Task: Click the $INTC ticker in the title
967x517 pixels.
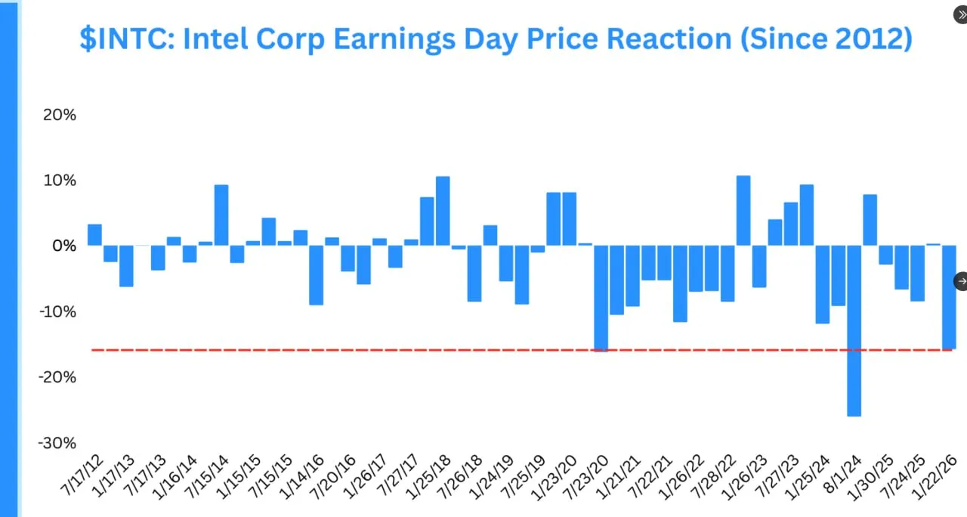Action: [x=126, y=39]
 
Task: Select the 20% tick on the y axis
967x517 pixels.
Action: [x=59, y=115]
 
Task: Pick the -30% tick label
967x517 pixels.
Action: [x=57, y=442]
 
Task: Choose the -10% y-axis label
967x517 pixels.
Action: [x=57, y=311]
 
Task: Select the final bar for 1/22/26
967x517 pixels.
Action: [x=949, y=296]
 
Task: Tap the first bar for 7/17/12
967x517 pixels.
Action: [x=94, y=235]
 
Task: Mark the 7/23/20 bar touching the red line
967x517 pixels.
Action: [x=601, y=298]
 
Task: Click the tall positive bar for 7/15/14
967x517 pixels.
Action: [x=221, y=215]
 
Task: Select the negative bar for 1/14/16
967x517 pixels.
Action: [x=316, y=274]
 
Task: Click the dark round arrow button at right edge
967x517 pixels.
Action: [x=960, y=281]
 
